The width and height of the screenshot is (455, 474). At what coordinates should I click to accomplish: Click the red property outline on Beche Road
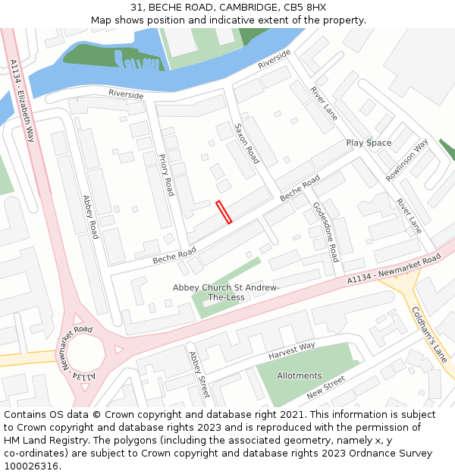point(224,212)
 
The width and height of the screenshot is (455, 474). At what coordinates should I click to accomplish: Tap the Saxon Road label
point(247,144)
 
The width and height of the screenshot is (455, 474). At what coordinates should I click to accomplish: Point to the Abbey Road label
point(91,217)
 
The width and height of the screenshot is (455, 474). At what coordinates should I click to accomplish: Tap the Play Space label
point(369,143)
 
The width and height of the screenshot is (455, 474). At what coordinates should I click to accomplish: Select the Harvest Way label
point(291,351)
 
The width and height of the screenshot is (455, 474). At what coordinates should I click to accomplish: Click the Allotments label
point(299,375)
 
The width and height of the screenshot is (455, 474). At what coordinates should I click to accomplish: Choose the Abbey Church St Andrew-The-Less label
point(226,292)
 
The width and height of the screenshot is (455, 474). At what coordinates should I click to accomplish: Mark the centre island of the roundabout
point(84,355)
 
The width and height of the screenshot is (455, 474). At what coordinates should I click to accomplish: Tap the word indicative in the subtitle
point(224,20)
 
